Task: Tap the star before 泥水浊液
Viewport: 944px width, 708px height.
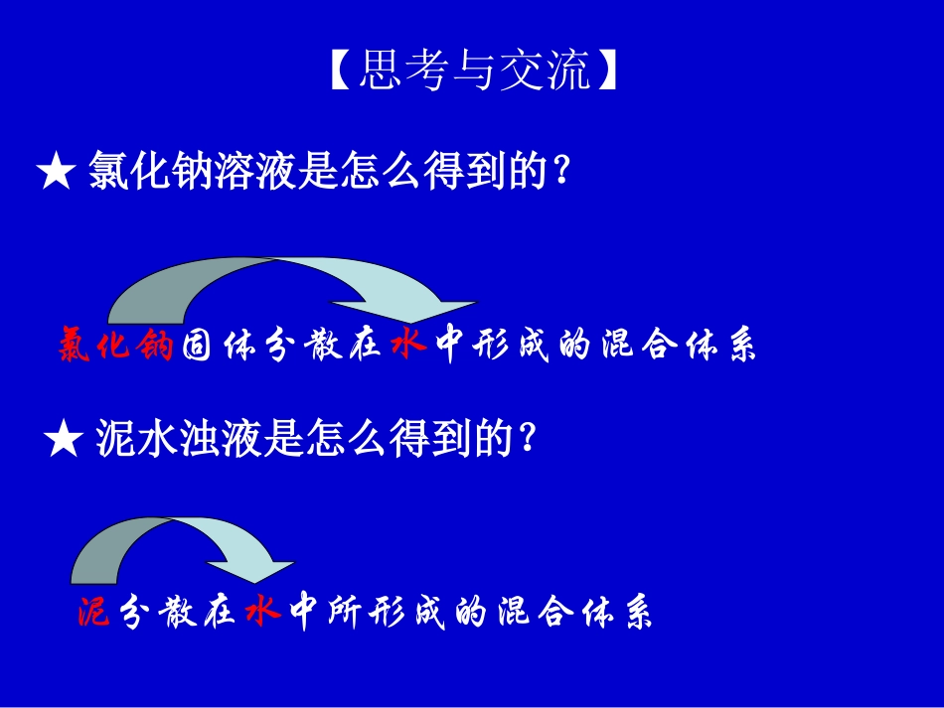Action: [x=64, y=439]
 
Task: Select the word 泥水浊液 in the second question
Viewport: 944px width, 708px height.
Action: [x=180, y=438]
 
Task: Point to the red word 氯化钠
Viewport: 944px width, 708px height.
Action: [x=116, y=346]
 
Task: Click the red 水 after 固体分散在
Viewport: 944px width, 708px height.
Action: [x=408, y=345]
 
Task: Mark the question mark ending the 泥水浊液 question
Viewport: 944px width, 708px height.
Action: [x=528, y=438]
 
